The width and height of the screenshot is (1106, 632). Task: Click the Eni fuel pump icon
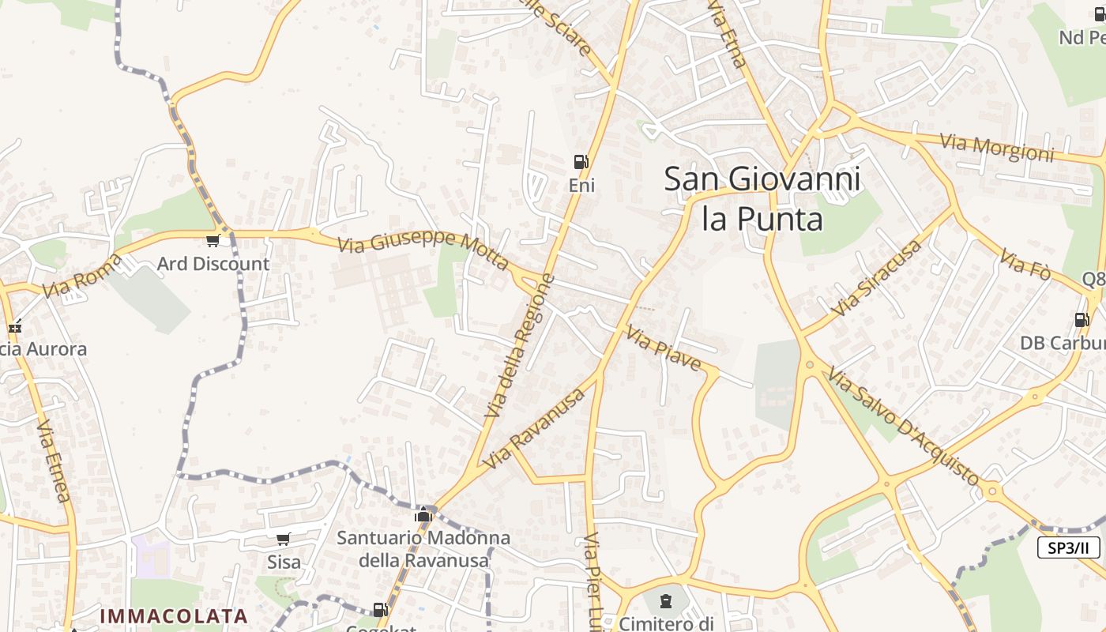(581, 162)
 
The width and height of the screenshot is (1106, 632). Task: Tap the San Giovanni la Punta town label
(762, 198)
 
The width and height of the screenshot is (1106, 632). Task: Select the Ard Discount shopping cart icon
(212, 240)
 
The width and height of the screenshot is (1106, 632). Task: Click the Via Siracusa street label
(877, 278)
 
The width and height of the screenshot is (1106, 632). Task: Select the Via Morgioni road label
(996, 148)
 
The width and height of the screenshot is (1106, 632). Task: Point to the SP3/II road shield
(1068, 547)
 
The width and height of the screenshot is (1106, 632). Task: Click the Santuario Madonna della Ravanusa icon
(423, 516)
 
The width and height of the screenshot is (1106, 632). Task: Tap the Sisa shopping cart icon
(283, 540)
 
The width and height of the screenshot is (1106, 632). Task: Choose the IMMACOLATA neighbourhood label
(174, 615)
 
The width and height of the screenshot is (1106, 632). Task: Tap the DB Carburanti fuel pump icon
(1082, 320)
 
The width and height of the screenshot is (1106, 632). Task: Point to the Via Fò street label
(1025, 264)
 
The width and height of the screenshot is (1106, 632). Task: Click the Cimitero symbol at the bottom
(665, 601)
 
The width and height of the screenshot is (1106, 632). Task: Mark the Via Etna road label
(728, 36)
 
